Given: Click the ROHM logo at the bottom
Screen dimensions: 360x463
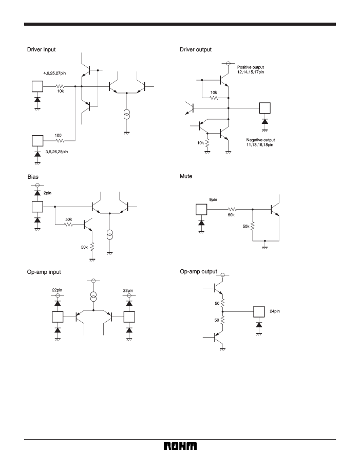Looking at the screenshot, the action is click(x=180, y=446).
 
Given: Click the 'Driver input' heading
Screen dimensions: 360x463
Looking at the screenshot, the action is click(x=41, y=50).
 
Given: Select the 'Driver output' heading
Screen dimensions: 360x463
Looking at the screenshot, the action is click(x=196, y=50).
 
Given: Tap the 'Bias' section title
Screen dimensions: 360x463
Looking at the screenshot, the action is click(x=33, y=177).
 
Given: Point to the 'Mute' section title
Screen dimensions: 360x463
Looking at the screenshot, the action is click(x=186, y=176).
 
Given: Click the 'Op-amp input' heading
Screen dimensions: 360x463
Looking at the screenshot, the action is click(x=44, y=272).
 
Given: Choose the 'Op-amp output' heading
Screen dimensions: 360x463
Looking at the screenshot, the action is click(x=198, y=271).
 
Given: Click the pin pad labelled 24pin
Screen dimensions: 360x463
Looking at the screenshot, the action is click(x=259, y=311).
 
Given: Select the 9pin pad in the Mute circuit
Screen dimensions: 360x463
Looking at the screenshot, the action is click(x=201, y=209).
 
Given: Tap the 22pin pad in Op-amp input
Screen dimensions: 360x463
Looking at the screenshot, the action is click(x=58, y=317).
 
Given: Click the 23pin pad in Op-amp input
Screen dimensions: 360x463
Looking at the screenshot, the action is click(x=129, y=317).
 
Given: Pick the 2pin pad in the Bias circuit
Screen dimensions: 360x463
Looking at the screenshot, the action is click(x=37, y=207).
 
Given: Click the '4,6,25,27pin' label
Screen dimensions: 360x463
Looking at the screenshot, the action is click(x=54, y=73).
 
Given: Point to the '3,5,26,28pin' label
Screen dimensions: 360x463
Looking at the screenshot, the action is click(x=56, y=152).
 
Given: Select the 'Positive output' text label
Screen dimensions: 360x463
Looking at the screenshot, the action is click(x=251, y=67).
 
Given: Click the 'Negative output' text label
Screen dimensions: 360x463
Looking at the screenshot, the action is click(x=260, y=140).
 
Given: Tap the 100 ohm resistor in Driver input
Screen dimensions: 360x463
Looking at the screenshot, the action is click(x=60, y=141).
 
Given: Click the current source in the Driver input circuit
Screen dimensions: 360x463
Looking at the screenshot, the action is click(x=126, y=114).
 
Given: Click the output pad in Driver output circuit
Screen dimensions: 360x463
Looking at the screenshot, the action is click(x=264, y=108).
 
